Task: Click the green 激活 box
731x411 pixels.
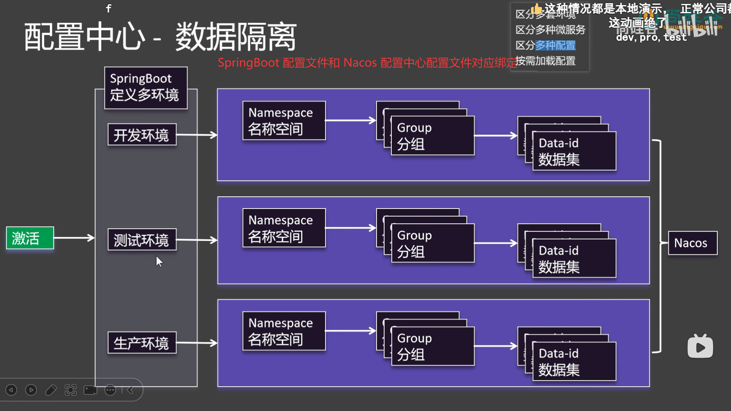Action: point(30,238)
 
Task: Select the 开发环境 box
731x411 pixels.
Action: point(142,135)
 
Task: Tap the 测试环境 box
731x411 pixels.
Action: point(142,240)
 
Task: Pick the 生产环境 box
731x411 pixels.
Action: point(142,343)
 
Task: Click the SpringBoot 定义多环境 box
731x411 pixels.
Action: point(146,88)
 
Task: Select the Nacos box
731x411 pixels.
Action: point(692,243)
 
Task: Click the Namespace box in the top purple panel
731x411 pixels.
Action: point(284,121)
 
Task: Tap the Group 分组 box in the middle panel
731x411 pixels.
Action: point(433,244)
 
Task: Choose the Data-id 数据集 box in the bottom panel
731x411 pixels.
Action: point(574,362)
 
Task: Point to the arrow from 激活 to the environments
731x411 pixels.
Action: point(74,238)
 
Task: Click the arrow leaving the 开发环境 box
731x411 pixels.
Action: point(196,135)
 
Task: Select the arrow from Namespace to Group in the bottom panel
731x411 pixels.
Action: point(350,331)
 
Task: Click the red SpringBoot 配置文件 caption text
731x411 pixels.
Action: point(365,63)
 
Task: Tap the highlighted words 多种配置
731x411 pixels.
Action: point(555,46)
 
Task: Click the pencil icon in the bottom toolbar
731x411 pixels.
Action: point(51,390)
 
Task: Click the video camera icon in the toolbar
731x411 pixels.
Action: point(90,390)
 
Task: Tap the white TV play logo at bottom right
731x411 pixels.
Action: point(700,347)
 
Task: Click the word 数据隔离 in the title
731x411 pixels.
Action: point(236,37)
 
